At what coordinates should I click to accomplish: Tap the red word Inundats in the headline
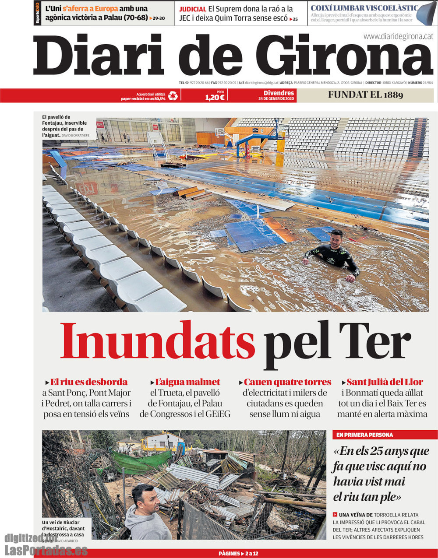click(158, 341)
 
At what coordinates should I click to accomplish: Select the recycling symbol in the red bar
click(173, 95)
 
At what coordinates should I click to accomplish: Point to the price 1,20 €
click(215, 97)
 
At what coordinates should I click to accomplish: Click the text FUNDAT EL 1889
click(365, 95)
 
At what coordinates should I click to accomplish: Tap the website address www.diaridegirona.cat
click(398, 37)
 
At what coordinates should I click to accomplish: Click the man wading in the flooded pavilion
click(334, 255)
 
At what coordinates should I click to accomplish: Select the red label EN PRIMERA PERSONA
click(365, 435)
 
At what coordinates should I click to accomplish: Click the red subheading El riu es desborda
click(88, 382)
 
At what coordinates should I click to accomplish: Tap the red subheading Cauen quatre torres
click(287, 382)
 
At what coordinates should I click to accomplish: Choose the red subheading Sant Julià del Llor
click(385, 382)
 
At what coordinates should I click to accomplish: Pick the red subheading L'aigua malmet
click(187, 382)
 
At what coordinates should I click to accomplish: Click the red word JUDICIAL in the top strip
click(193, 9)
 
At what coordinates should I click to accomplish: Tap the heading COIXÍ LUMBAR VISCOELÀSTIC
click(364, 8)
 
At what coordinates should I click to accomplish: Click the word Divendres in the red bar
click(279, 93)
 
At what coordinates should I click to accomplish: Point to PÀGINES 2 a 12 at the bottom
click(238, 554)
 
